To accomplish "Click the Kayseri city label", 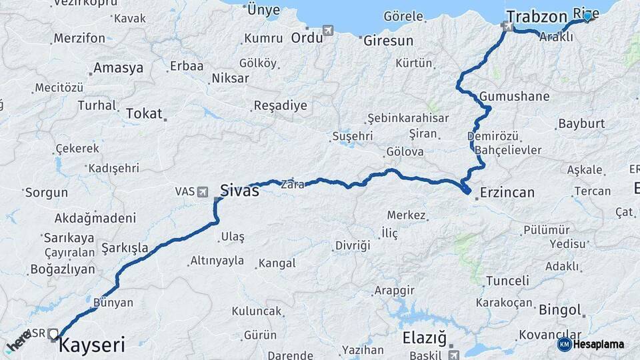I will pos(91,345).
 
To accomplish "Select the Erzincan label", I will pos(507,193).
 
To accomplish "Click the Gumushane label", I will pos(514,96).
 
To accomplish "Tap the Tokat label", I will pos(144,113).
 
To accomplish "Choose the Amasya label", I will pos(118,68).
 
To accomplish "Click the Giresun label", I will pos(389,41).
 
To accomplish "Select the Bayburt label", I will pos(581,123).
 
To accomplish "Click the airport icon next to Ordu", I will pos(328,30).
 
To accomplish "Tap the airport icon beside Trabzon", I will pos(509,27).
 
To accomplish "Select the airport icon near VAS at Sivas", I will pos(203,192).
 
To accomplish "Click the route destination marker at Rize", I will pos(587,17).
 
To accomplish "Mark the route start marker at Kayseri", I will pos(53,333).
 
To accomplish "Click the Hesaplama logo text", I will pos(599,344).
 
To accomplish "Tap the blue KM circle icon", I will pos(564,344).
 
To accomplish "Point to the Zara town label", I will pos(292,184).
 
